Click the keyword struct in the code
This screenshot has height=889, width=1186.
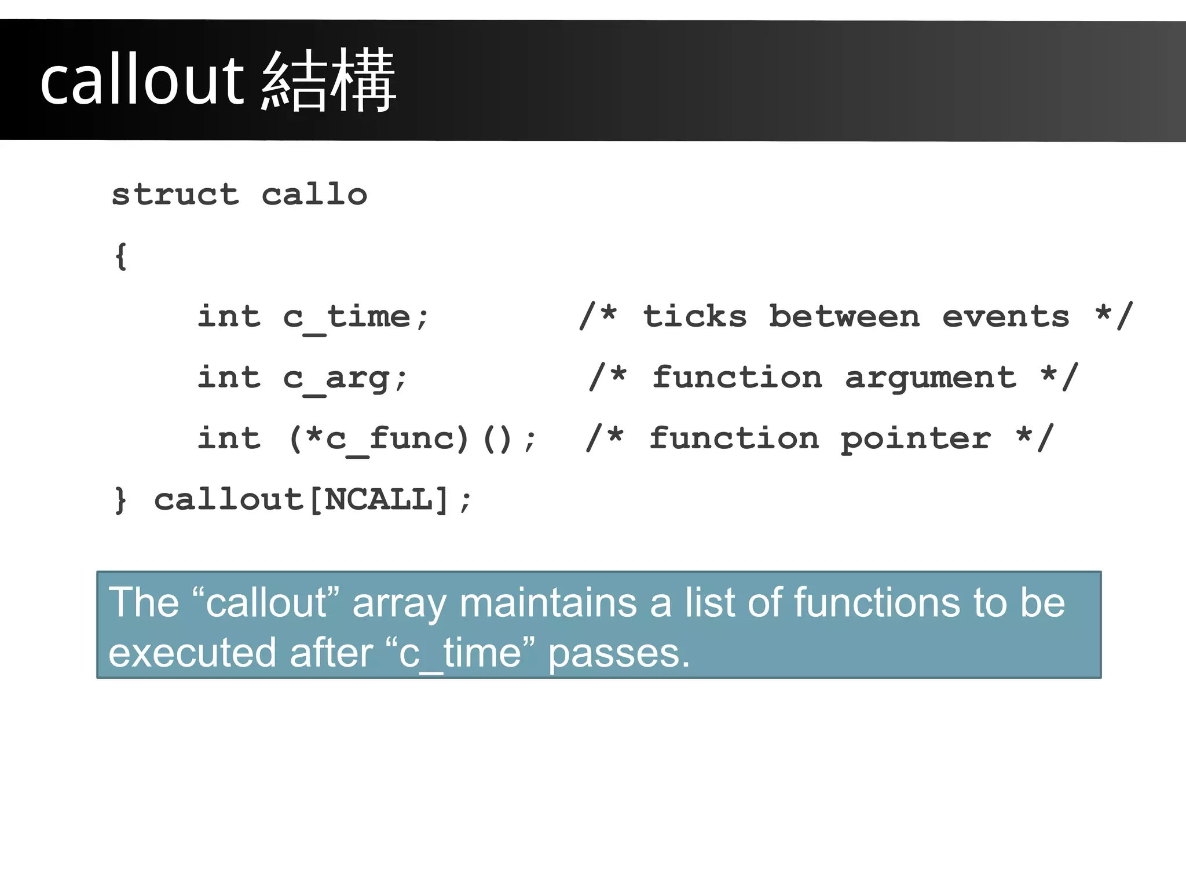coord(175,194)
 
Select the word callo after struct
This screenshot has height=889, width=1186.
coord(314,194)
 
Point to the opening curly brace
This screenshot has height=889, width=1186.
coord(120,255)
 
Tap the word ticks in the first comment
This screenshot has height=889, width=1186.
coord(694,317)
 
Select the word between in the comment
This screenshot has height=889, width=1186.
coord(844,317)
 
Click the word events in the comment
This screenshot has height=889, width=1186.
coord(1005,317)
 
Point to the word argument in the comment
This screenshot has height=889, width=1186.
coord(930,378)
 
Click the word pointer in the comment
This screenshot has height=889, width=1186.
coord(915,439)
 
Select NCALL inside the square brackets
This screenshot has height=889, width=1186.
coord(378,499)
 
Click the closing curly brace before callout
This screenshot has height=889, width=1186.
coord(120,499)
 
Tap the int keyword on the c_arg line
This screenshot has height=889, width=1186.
coord(229,378)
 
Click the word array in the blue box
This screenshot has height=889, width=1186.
coord(399,603)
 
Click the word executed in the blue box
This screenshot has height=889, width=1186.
coord(192,653)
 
